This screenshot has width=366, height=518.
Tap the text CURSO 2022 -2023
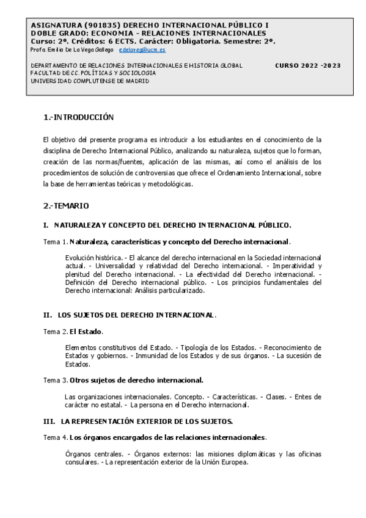pyautogui.click(x=308, y=65)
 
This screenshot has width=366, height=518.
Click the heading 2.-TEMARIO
pyautogui.click(x=66, y=206)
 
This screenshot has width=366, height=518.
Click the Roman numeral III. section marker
pyautogui.click(x=49, y=421)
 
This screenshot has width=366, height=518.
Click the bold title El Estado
pyautogui.click(x=86, y=332)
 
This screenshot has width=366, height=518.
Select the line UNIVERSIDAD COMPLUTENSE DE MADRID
pyautogui.click(x=90, y=80)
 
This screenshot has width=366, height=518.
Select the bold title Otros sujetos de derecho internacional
pyautogui.click(x=136, y=380)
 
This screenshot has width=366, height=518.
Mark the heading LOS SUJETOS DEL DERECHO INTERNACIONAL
pyautogui.click(x=136, y=315)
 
